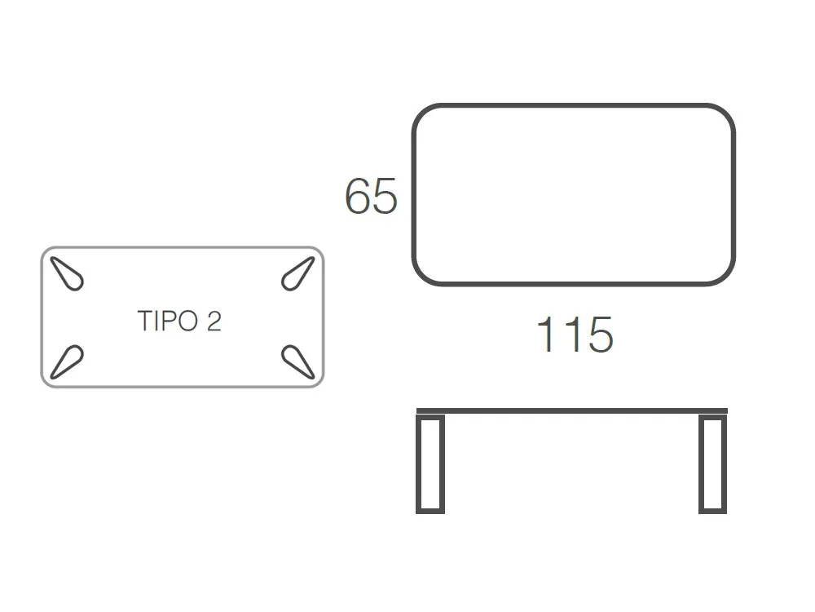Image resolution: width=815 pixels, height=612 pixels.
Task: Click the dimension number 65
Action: pos(371,197)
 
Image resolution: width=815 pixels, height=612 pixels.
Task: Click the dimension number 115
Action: pos(574,335)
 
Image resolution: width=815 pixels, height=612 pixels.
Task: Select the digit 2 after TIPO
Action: pos(214,322)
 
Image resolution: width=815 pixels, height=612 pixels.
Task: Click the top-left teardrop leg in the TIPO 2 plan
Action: pos(68,274)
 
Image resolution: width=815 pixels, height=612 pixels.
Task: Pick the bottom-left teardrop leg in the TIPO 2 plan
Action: pos(67,361)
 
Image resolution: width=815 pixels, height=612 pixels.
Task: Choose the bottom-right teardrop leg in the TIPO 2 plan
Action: pos(298,361)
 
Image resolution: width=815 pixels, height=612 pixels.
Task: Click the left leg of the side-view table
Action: pos(430,464)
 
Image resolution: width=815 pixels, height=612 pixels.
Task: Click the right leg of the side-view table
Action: pos(712,464)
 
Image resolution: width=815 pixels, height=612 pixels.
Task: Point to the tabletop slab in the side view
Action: pos(571,411)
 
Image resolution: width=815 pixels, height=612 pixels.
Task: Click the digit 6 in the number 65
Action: pos(358,197)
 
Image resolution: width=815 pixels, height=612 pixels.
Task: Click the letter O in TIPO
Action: pos(187,322)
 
